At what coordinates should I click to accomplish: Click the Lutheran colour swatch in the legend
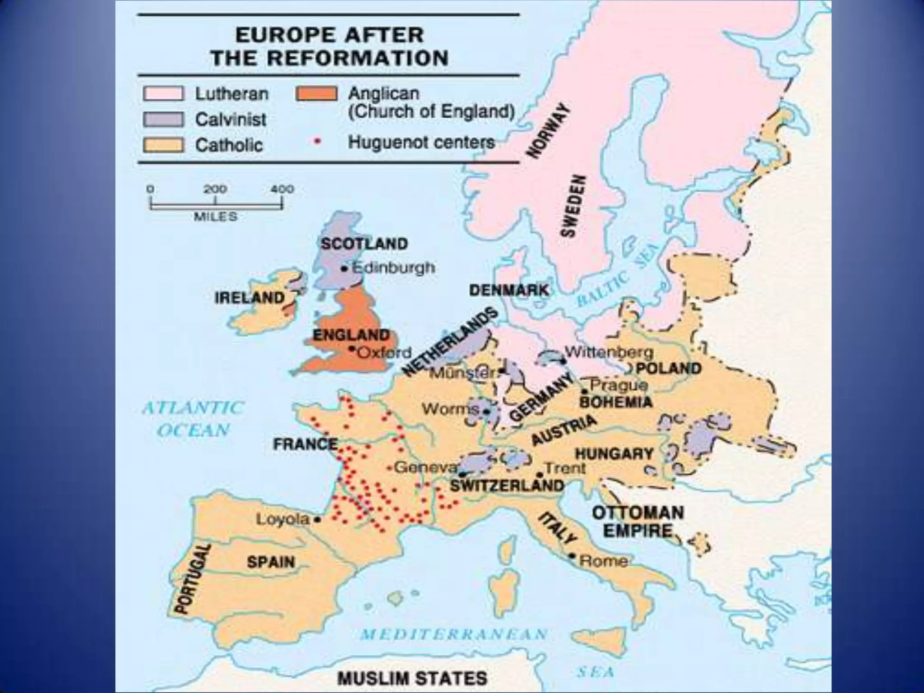click(163, 94)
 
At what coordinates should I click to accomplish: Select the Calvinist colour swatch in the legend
click(163, 120)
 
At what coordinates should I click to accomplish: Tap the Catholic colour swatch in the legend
click(163, 145)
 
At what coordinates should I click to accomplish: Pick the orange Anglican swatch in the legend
click(316, 93)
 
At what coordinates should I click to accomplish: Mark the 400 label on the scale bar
click(282, 189)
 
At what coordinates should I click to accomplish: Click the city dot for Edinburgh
click(345, 269)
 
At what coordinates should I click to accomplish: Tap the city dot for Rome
click(573, 555)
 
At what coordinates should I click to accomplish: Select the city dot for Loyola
click(318, 519)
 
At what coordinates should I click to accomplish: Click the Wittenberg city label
click(609, 352)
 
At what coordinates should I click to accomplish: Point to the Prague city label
click(619, 385)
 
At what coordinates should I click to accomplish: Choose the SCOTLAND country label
click(364, 244)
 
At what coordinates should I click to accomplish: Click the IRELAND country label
click(249, 298)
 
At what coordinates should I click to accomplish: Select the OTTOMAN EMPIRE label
click(638, 522)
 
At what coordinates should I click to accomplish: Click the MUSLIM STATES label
click(412, 678)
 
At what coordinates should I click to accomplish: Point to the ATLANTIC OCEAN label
click(193, 419)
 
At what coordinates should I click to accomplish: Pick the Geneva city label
click(426, 467)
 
